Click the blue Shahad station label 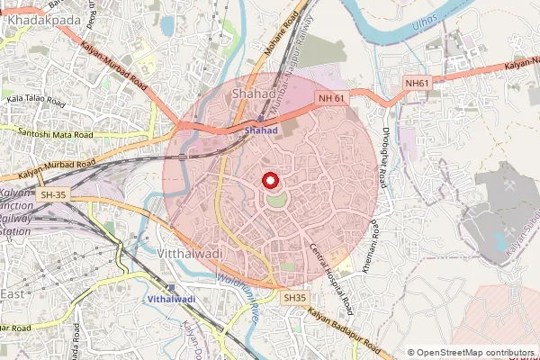click(260, 130)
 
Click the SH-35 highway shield click(51, 193)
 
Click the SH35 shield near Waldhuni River click(294, 297)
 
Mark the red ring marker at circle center click(269, 180)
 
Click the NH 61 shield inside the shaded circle click(331, 97)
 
